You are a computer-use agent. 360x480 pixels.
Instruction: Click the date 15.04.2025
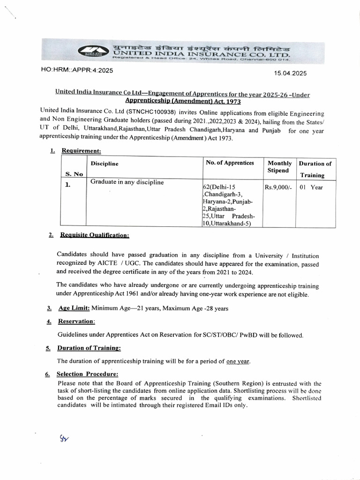click(290, 73)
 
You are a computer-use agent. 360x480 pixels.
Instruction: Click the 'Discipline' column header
click(105, 164)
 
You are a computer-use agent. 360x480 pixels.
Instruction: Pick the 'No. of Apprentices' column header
click(230, 163)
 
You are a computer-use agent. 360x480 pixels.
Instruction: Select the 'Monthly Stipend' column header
click(279, 167)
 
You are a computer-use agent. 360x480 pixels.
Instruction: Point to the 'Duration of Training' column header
click(315, 169)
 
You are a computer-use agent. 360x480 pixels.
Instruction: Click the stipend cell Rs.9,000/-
click(278, 187)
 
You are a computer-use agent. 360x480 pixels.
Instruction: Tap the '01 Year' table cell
click(311, 187)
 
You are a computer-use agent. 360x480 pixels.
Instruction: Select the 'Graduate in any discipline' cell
click(127, 182)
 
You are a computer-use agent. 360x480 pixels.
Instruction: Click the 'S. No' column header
click(74, 174)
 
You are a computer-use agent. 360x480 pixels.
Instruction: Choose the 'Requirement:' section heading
click(81, 151)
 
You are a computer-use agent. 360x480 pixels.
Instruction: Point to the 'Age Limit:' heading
click(74, 308)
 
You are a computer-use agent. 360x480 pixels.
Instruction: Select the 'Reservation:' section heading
click(76, 322)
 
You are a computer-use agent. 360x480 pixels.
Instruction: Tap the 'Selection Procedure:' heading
click(87, 374)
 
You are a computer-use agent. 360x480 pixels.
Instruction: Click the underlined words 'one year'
click(238, 361)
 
